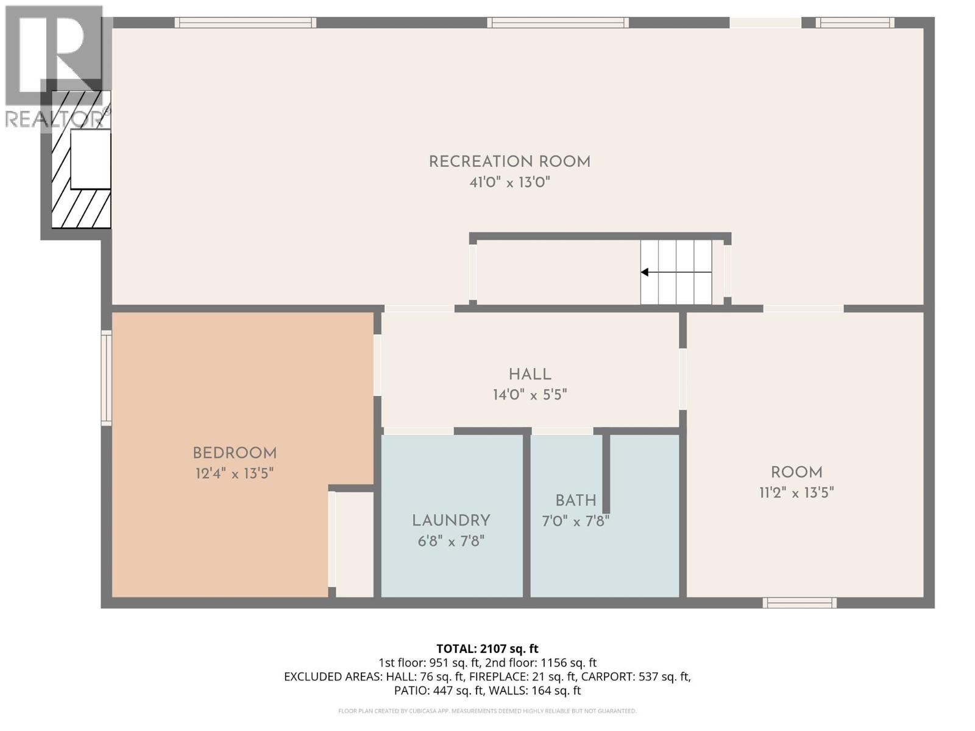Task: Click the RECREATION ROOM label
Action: [509, 162]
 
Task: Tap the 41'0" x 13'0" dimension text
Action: [509, 182]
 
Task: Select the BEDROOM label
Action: [235, 453]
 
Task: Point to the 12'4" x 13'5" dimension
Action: [235, 473]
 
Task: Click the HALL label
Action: [530, 375]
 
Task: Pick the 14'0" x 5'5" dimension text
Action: [530, 395]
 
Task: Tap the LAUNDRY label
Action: [451, 521]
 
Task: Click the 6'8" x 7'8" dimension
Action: [451, 541]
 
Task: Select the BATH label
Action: [575, 501]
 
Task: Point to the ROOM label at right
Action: [796, 472]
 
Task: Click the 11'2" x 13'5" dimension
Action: [796, 492]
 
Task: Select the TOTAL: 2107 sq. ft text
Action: [487, 649]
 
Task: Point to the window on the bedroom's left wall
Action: [107, 377]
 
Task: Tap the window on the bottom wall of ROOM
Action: [799, 603]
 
